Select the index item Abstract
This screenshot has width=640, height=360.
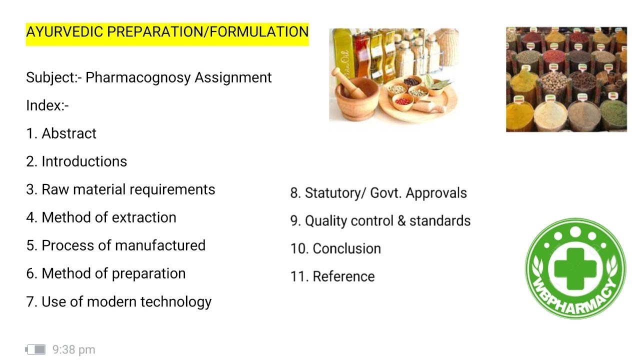pyautogui.click(x=69, y=133)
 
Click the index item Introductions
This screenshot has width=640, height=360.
pyautogui.click(x=84, y=161)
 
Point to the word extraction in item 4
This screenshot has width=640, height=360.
pyautogui.click(x=147, y=217)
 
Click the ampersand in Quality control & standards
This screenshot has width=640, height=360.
pyautogui.click(x=401, y=221)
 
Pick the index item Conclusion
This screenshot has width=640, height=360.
pyautogui.click(x=346, y=248)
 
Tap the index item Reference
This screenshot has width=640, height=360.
pyautogui.click(x=343, y=276)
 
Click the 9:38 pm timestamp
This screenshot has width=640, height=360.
pyautogui.click(x=73, y=350)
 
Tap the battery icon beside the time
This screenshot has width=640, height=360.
pyautogui.click(x=35, y=349)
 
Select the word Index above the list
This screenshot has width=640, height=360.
pyautogui.click(x=44, y=105)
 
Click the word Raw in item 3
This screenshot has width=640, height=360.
pyautogui.click(x=53, y=189)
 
